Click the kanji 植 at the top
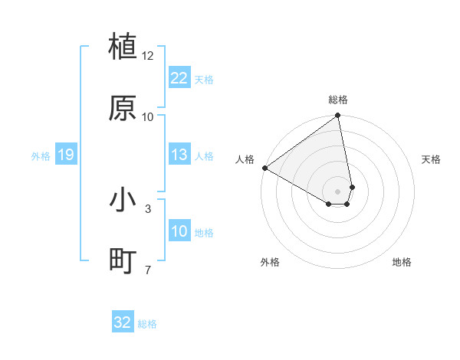point(123,47)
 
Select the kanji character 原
point(123,108)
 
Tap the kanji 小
point(123,200)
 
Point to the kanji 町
point(123,261)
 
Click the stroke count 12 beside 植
point(148,56)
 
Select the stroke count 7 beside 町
point(148,270)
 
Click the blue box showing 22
point(179,78)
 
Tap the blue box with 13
point(179,155)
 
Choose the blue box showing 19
point(66,155)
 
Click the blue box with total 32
point(123,322)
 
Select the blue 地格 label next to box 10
point(204,232)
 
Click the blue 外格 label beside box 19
point(41,155)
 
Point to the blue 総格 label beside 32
point(147,324)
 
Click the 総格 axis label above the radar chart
point(338,100)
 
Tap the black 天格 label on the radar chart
point(432,159)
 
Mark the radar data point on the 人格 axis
point(264,168)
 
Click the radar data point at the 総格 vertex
point(338,116)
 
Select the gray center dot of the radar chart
point(338,191)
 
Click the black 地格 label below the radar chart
point(402,262)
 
